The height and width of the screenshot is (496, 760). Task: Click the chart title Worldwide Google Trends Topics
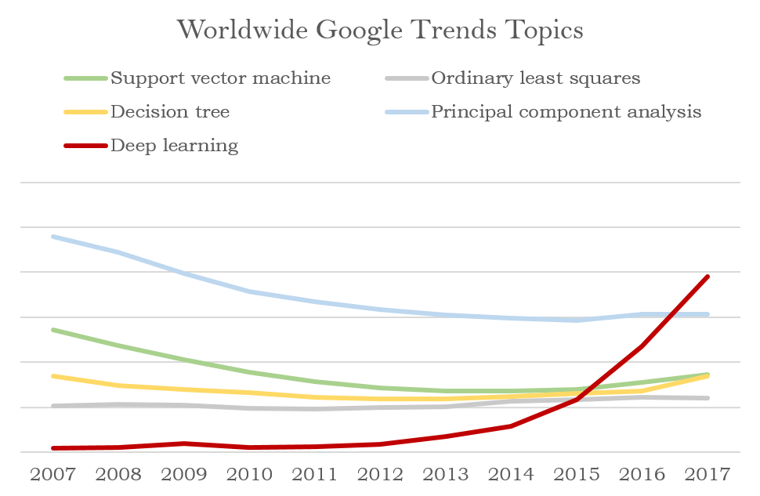click(380, 31)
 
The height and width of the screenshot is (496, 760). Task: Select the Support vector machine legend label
click(220, 78)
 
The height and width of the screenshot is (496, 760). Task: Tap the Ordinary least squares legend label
click(536, 78)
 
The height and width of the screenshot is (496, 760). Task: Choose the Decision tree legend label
click(170, 111)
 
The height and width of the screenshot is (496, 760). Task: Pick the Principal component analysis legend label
click(566, 112)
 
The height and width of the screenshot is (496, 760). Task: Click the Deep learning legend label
click(175, 146)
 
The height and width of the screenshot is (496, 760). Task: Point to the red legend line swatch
click(85, 146)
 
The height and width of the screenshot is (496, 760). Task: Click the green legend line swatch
click(85, 78)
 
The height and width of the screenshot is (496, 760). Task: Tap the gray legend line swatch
click(407, 78)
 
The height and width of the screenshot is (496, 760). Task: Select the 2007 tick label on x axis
click(52, 474)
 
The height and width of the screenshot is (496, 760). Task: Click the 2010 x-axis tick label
click(249, 474)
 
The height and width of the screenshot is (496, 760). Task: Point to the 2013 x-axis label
click(446, 474)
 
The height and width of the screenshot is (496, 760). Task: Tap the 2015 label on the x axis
click(577, 474)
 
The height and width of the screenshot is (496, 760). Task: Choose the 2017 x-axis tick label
click(708, 474)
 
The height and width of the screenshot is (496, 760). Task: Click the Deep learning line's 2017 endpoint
click(708, 277)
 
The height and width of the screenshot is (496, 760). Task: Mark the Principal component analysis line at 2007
click(53, 237)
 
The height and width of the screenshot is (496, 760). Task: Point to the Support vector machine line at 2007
click(53, 330)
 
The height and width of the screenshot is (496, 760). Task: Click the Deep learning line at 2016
click(642, 346)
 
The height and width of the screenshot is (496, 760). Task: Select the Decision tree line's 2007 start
click(53, 376)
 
